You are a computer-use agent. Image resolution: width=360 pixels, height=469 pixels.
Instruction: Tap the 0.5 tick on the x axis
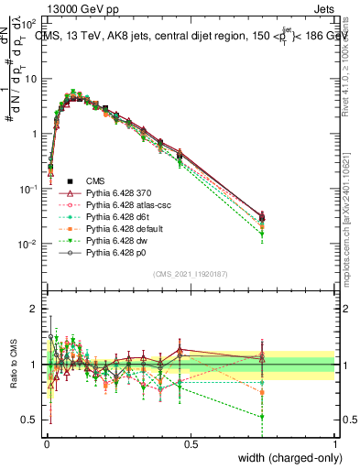(x=191, y=444)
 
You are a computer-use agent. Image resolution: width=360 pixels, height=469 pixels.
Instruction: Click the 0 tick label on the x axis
(x=46, y=444)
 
